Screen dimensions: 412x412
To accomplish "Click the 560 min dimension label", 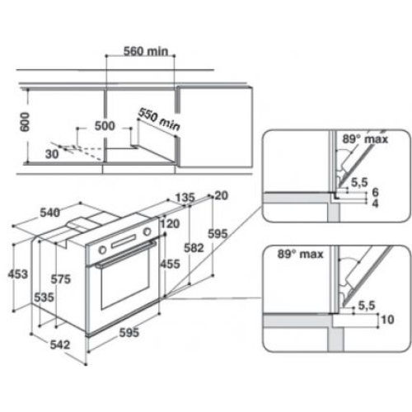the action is click(146, 51).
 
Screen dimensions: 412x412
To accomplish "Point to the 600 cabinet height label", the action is click(25, 122).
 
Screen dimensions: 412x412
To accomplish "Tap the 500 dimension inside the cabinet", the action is click(105, 126).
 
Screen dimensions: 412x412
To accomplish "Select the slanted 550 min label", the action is click(159, 119).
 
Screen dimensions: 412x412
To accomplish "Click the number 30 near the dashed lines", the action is click(52, 154).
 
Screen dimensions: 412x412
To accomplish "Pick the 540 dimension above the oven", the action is click(49, 213).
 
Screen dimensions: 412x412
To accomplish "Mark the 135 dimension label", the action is click(185, 198).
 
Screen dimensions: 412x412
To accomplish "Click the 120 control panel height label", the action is click(170, 224).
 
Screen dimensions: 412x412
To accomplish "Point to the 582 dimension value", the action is click(194, 248).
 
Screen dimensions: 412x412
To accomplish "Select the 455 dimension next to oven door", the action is click(171, 264).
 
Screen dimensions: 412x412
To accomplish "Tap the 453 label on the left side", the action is click(18, 274).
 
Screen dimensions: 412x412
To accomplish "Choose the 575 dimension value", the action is click(61, 279).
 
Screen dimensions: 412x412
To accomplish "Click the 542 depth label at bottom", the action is click(60, 344).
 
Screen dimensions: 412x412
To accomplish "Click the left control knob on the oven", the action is click(102, 250).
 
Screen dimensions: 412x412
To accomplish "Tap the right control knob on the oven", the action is click(147, 232).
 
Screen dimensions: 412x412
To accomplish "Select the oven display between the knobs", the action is click(124, 241).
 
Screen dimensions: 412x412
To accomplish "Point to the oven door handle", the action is click(126, 254).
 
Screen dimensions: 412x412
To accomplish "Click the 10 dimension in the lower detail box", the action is click(387, 320).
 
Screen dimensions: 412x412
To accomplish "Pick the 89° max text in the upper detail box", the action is click(365, 139).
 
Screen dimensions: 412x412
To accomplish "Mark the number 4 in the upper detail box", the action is click(375, 204).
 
